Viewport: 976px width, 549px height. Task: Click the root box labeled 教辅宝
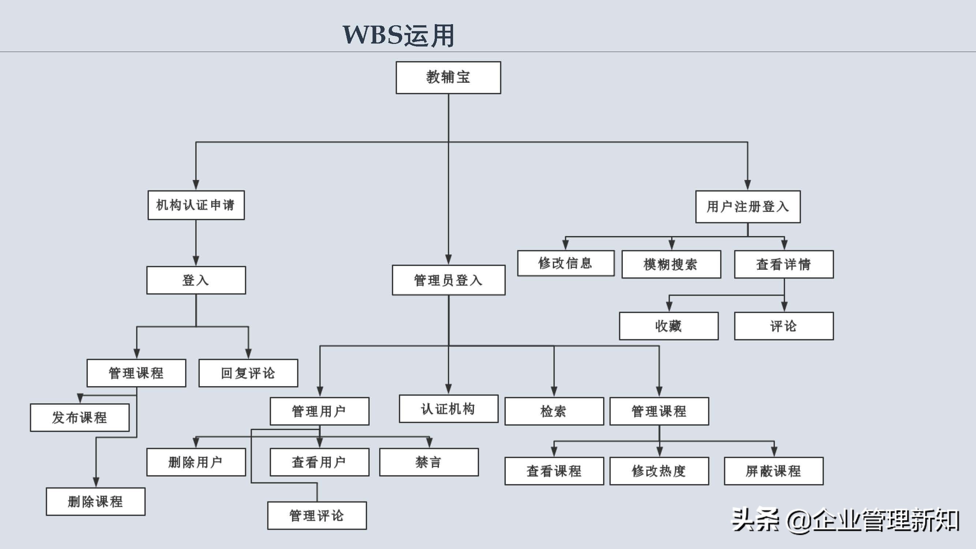point(448,78)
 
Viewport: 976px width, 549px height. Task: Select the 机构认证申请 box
point(196,205)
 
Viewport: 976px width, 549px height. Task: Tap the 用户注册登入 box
point(748,207)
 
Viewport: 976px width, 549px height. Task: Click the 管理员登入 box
point(449,280)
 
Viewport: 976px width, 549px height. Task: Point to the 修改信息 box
point(566,263)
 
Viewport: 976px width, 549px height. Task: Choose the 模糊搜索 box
point(671,264)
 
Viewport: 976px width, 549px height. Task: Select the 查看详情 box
point(784,264)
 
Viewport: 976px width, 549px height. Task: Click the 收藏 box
point(668,326)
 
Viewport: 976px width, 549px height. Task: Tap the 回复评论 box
point(248,373)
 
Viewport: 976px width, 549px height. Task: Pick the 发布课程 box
point(79,417)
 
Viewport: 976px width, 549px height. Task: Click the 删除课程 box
point(96,501)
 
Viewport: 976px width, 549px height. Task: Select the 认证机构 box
point(448,408)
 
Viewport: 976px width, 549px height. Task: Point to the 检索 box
point(554,411)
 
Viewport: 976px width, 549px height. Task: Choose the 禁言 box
point(429,462)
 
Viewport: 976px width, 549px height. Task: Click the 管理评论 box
point(317,515)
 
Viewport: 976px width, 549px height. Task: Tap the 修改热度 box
point(659,471)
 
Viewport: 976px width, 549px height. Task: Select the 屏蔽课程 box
point(773,471)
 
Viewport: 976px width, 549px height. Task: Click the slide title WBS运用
point(398,35)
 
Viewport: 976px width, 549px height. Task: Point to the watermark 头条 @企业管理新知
point(845,520)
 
